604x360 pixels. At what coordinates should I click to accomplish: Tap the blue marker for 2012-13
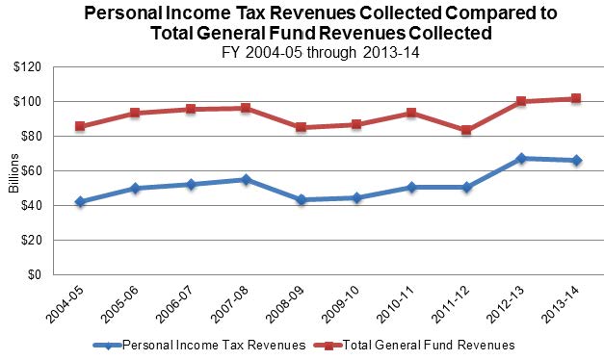(521, 158)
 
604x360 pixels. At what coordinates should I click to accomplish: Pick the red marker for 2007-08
(246, 108)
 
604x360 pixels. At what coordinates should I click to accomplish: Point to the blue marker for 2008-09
(301, 199)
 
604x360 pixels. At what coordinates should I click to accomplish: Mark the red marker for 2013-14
(576, 98)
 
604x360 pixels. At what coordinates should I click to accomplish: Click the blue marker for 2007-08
(246, 179)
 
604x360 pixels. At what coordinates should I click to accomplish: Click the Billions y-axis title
(13, 171)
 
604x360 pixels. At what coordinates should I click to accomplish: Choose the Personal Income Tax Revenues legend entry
(211, 344)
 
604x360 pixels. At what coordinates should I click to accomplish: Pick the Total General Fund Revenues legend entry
(439, 344)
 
